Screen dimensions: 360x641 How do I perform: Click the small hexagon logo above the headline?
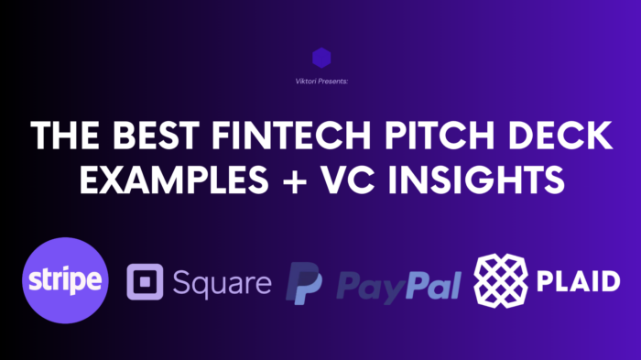(x=320, y=59)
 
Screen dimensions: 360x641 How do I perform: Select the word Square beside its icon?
(x=221, y=282)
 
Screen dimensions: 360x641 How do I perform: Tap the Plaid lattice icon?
(x=502, y=281)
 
